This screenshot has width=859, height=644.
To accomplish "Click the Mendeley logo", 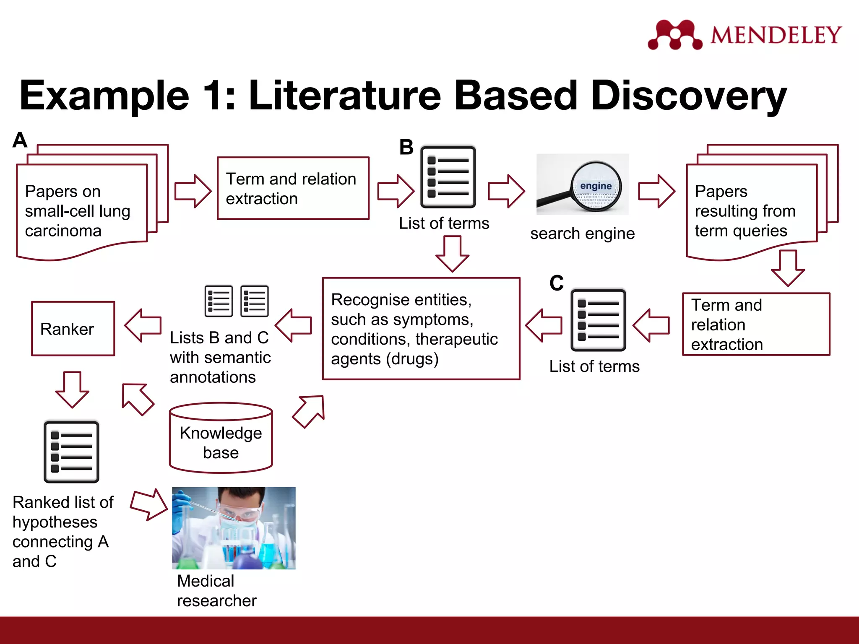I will pos(744,34).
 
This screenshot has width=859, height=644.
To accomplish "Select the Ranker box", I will pos(73,329).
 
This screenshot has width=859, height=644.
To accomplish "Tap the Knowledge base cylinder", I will pos(221,439).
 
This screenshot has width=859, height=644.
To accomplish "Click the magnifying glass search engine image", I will pos(582,184).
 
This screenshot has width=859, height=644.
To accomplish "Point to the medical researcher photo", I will pos(234,528).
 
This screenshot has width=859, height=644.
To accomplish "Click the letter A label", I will pos(20,140).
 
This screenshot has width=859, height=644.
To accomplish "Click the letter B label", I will pos(406,148).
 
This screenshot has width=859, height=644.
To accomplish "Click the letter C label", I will pos(557,283).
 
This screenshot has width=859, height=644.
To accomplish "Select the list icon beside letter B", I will pos(448,177).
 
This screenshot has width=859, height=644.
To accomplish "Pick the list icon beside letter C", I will pos(598,320).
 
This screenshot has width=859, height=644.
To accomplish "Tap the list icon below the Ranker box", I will pos(71,452).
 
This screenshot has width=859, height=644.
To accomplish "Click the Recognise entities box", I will pos(421,329).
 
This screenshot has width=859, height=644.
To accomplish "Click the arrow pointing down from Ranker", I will pos(72,389).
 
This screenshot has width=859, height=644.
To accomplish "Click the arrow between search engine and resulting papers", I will pos(656,191).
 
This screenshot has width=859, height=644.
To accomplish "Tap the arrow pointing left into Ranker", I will pos(143,325).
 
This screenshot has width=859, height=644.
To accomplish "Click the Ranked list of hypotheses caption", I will pos(62,531).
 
